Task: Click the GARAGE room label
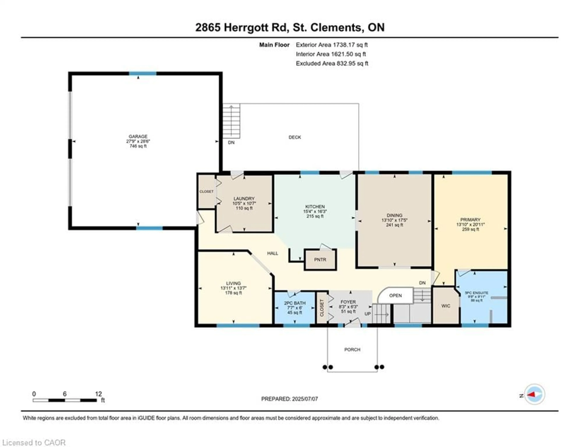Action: coord(138,136)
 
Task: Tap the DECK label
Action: coord(294,137)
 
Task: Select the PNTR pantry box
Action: coord(320,260)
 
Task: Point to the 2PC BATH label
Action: coord(294,303)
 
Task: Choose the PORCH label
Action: coord(352,349)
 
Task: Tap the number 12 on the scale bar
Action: coord(98,394)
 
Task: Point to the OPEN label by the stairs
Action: coord(395,295)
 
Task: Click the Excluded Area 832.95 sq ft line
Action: coord(332,63)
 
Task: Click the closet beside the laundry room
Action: coord(206,191)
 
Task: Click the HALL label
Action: coord(272,253)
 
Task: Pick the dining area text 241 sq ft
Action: coord(394,225)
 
